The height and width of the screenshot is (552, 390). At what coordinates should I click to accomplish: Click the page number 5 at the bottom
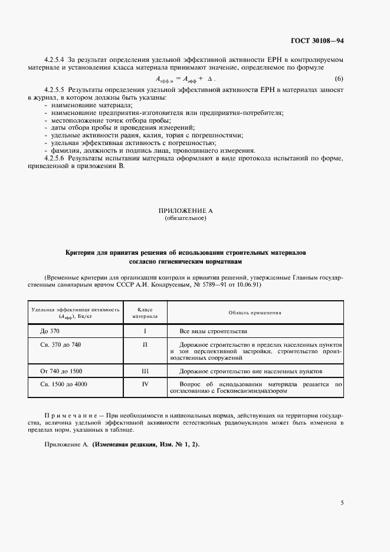click(x=342, y=503)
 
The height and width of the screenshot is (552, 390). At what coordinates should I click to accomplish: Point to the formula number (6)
click(x=339, y=79)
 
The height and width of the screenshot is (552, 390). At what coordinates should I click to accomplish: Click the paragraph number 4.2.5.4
click(x=56, y=60)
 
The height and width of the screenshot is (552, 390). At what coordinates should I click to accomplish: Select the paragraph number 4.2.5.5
click(x=56, y=89)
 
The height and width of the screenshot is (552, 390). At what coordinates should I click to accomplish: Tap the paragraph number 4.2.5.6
click(x=56, y=158)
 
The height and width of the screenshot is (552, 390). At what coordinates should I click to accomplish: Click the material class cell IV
click(x=145, y=385)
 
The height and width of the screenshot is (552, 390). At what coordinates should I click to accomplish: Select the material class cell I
click(x=145, y=331)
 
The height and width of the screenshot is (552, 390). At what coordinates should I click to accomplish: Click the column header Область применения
click(x=254, y=313)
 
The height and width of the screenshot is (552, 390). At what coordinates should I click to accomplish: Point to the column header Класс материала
click(x=145, y=313)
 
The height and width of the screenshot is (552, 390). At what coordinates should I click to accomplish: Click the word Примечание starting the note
click(x=68, y=416)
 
